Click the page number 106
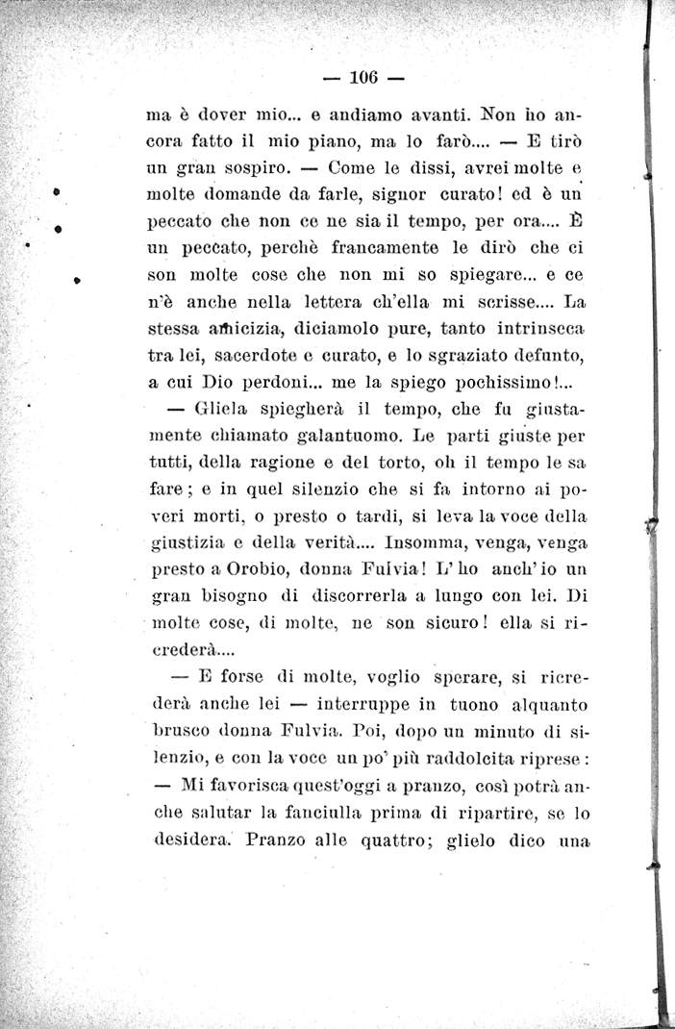coord(365,77)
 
